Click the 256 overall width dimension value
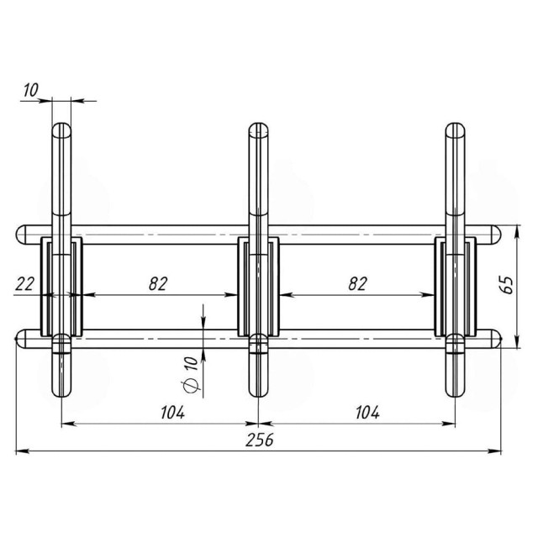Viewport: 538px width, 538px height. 260,440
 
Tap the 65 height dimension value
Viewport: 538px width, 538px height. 508,284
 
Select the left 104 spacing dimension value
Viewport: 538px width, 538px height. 172,412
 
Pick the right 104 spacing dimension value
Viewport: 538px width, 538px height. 367,412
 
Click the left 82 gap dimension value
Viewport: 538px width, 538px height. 158,284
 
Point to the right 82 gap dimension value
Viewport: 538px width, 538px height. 358,284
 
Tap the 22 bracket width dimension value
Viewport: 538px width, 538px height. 24,284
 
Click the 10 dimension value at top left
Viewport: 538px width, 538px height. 31,90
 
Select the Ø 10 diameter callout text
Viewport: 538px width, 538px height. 192,375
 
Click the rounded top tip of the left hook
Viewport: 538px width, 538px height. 61,124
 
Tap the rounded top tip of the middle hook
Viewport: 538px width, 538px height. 258,124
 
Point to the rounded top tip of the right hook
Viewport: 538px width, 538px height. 455,124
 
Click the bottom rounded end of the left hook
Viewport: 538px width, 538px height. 61,396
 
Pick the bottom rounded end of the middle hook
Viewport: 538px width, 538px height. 258,396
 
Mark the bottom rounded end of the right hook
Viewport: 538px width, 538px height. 455,396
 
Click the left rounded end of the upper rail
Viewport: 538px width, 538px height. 17,235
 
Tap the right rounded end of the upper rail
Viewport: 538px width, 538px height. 500,235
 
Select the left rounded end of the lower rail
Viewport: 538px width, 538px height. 17,339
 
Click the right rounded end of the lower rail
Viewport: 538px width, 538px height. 500,339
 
